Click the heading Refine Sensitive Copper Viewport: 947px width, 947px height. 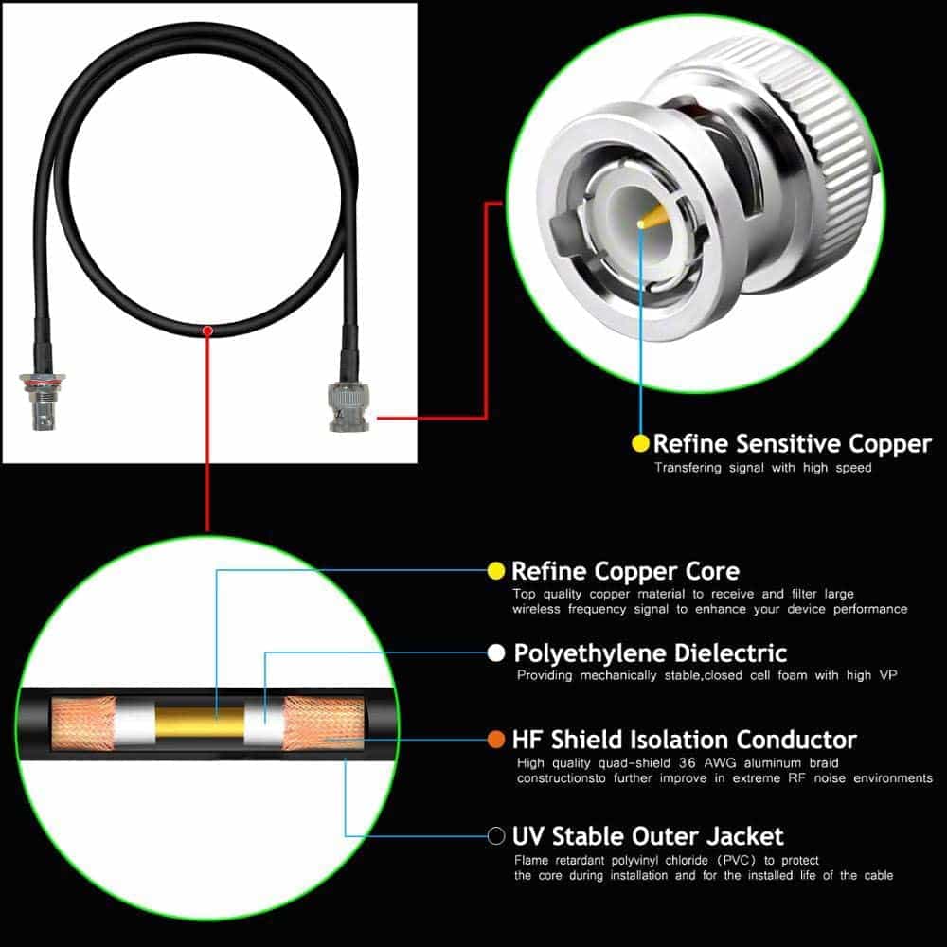[x=793, y=444]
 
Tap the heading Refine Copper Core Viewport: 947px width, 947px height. [x=625, y=571]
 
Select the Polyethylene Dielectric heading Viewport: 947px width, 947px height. [x=650, y=652]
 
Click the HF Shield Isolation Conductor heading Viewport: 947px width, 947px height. [x=685, y=740]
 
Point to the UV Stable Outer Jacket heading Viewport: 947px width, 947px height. [x=648, y=836]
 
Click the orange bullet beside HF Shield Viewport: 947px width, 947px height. [x=496, y=740]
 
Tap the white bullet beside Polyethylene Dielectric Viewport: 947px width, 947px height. [x=496, y=652]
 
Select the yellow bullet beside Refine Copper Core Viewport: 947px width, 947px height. [x=496, y=571]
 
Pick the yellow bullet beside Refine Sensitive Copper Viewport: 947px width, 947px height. [x=640, y=443]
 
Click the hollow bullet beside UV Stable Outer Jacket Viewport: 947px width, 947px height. [x=496, y=836]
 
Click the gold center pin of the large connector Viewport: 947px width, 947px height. [x=652, y=217]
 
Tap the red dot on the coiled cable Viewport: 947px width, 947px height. [x=207, y=331]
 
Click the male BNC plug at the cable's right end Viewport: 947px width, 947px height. [x=348, y=406]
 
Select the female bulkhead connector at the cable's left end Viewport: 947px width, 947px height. [x=43, y=401]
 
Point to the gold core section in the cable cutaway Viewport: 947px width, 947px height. [x=200, y=723]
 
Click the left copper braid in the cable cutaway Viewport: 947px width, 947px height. [x=82, y=723]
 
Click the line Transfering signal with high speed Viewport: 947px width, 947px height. [x=762, y=468]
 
